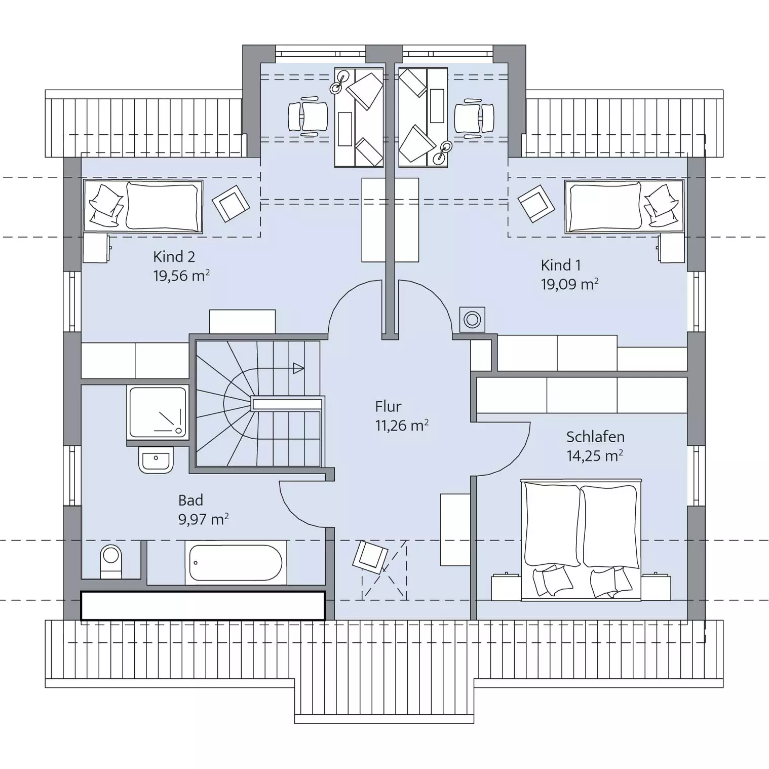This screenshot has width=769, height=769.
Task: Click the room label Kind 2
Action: click(x=174, y=257)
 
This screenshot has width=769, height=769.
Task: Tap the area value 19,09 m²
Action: click(x=569, y=284)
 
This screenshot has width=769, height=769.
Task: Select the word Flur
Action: click(x=388, y=406)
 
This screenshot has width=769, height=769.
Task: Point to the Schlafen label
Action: click(x=595, y=437)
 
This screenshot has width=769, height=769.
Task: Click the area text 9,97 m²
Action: click(x=203, y=519)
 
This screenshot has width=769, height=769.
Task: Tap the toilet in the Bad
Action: click(x=111, y=561)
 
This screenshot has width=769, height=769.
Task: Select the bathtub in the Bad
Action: click(x=235, y=562)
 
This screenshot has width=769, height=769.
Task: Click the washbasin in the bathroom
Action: click(x=156, y=459)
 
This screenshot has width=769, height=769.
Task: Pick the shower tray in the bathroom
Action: click(x=158, y=412)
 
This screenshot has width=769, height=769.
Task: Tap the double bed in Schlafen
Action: click(x=581, y=540)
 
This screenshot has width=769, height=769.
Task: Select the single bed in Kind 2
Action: click(x=143, y=207)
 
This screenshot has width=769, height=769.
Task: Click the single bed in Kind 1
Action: click(x=625, y=207)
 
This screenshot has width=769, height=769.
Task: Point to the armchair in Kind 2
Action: click(x=230, y=203)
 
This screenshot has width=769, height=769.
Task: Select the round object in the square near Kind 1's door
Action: click(x=472, y=320)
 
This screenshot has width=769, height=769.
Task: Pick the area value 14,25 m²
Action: click(x=595, y=455)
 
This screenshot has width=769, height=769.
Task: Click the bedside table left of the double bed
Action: click(x=506, y=587)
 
